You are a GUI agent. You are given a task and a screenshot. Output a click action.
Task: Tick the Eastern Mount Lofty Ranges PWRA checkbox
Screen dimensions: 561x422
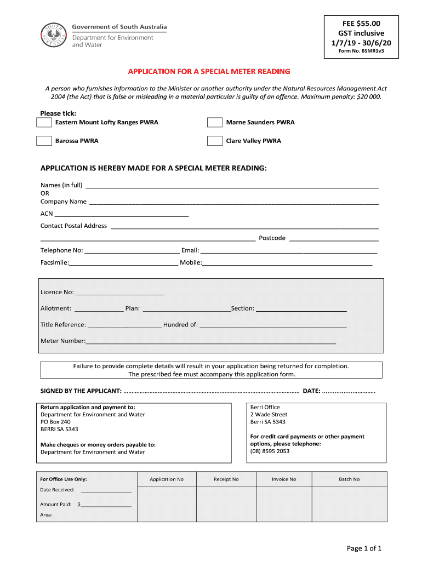[x=44, y=122]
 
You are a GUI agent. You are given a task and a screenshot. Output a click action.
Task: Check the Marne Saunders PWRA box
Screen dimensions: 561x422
[x=215, y=122]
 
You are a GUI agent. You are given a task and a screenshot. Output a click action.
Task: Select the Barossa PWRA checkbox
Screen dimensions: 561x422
[x=44, y=141]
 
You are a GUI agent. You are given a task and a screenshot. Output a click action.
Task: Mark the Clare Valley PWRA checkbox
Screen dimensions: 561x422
[x=215, y=141]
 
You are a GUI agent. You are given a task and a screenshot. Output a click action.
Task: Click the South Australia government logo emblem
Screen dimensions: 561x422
[x=54, y=36]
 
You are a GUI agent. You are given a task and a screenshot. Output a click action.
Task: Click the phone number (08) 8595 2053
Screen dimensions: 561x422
[x=270, y=451]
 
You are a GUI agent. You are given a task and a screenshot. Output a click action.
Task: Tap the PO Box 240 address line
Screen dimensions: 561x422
[x=55, y=422]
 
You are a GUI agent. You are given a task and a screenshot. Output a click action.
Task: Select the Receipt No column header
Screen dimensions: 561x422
[x=226, y=479]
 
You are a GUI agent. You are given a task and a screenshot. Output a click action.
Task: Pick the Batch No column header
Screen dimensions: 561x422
[x=349, y=479]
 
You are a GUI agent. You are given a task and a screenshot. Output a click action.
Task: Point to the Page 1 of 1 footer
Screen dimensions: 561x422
[x=364, y=548]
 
